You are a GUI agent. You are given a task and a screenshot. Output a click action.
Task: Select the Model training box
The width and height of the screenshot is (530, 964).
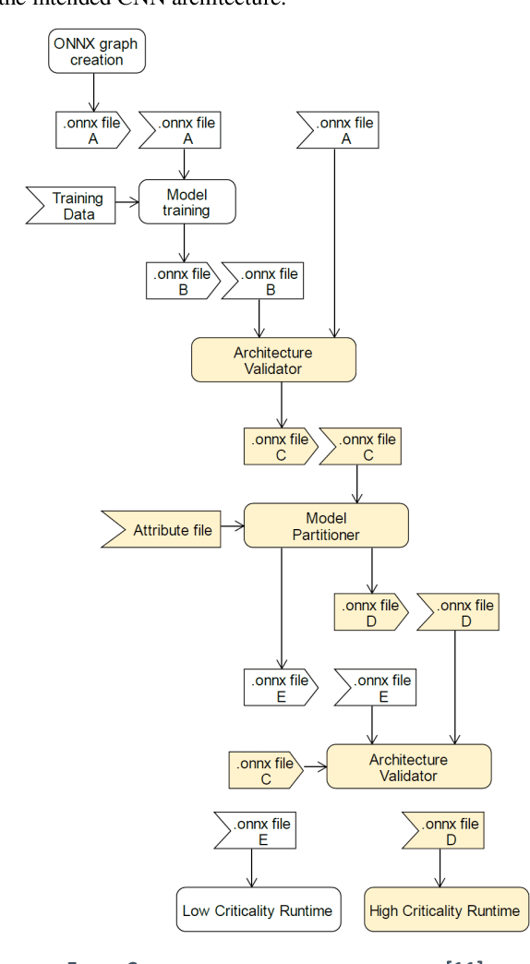(x=187, y=202)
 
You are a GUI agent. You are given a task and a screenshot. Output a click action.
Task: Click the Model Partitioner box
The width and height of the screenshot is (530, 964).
(x=325, y=525)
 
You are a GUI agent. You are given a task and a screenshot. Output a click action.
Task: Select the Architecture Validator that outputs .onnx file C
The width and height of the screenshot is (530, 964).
(x=272, y=360)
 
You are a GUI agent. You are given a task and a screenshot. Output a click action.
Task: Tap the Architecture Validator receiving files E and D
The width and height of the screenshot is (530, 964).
(x=408, y=766)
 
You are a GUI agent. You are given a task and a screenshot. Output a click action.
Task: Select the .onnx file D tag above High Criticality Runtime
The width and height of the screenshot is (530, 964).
(x=441, y=831)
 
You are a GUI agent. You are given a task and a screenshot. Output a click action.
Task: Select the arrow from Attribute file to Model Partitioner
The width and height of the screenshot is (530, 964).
(x=232, y=529)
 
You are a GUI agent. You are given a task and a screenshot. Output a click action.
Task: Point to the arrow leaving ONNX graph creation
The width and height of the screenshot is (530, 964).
(x=94, y=92)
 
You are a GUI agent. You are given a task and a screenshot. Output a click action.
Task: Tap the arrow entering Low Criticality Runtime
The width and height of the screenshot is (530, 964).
(x=251, y=870)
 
